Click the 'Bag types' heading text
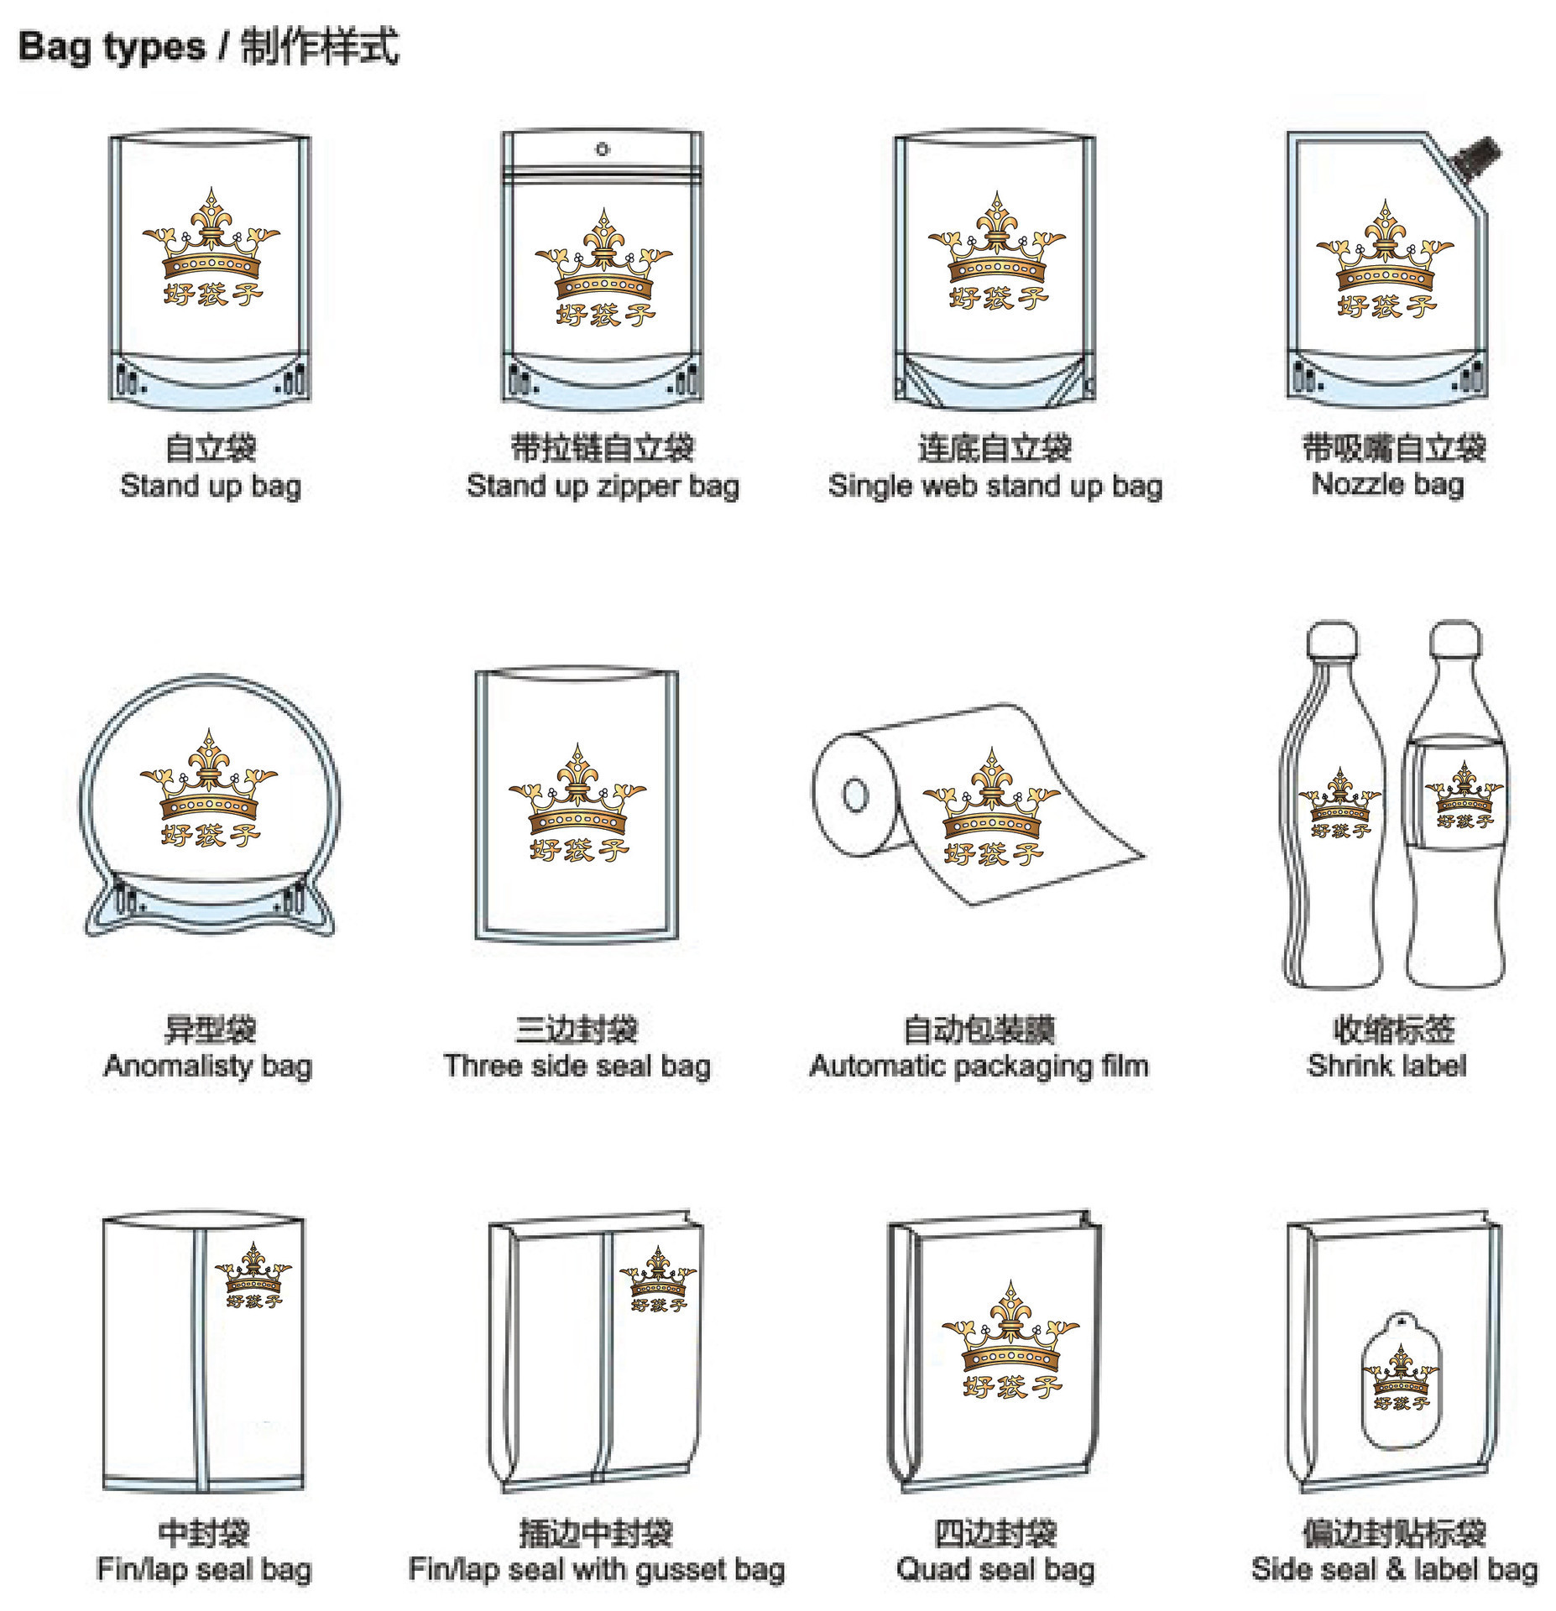point(111,47)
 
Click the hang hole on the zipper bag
point(602,149)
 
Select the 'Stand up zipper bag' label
point(603,487)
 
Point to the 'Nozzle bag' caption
point(1387,484)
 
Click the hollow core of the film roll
point(855,794)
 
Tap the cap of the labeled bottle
point(1456,637)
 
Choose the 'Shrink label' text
point(1386,1066)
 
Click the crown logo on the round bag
point(209,789)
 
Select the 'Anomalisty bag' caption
point(207,1066)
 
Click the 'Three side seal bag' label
point(577,1066)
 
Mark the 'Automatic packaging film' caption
point(979,1066)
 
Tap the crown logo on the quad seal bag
point(1010,1340)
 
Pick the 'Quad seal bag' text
point(995,1569)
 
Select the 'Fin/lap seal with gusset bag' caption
point(596,1569)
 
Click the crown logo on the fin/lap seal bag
point(253,1275)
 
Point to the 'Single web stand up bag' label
point(995,487)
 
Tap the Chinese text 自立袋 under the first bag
point(211,447)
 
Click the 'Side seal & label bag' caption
point(1394,1569)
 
